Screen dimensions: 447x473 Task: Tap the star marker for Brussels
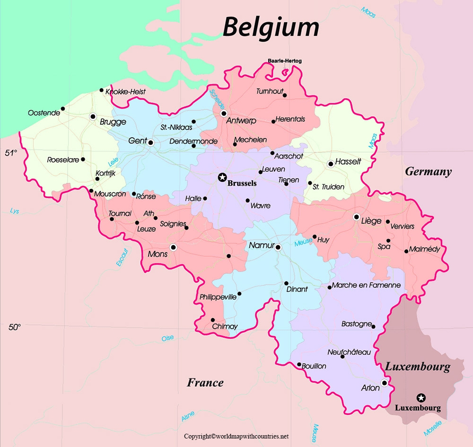(x=222, y=177)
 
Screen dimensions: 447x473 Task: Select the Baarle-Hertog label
(x=284, y=61)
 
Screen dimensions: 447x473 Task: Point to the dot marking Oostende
(x=63, y=108)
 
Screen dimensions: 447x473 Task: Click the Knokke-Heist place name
(x=126, y=91)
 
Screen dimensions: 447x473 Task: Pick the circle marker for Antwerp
(x=224, y=114)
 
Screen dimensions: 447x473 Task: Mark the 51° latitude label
(x=11, y=153)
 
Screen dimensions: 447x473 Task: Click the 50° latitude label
(x=15, y=327)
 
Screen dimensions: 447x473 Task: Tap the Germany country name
(x=428, y=172)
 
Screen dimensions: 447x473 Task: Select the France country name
(x=205, y=383)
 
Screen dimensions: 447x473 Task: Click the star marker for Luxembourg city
(x=420, y=397)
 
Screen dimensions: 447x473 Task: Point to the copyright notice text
(x=236, y=436)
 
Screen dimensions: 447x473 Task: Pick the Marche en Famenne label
(x=366, y=286)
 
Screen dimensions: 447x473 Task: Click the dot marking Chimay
(x=213, y=320)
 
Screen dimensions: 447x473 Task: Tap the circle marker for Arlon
(x=385, y=383)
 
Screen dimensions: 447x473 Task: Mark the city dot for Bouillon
(x=299, y=365)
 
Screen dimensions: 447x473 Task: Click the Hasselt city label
(x=348, y=161)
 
